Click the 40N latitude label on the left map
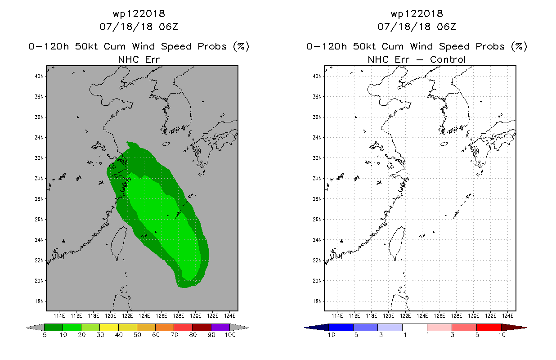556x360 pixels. coord(39,76)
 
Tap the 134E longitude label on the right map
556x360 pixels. coord(507,316)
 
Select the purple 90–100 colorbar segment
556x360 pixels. coord(220,327)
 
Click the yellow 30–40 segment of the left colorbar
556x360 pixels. coord(109,327)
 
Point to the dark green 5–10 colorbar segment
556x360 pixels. coord(54,327)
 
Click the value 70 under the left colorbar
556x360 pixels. coord(174,335)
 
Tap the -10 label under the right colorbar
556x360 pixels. coord(329,335)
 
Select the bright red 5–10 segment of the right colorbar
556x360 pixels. coord(489,327)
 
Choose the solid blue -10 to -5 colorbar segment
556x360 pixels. coord(341,327)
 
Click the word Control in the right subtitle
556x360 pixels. coord(448,60)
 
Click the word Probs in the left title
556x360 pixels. coord(212,46)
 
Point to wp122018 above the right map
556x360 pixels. coord(417,14)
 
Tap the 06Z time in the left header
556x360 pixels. coord(169,27)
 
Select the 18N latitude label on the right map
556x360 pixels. coord(317,301)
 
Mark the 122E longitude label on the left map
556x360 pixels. coord(127,316)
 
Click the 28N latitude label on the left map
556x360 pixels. coord(39,199)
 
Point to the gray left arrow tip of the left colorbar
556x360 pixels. coord(27,328)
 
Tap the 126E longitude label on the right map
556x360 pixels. coord(439,316)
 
